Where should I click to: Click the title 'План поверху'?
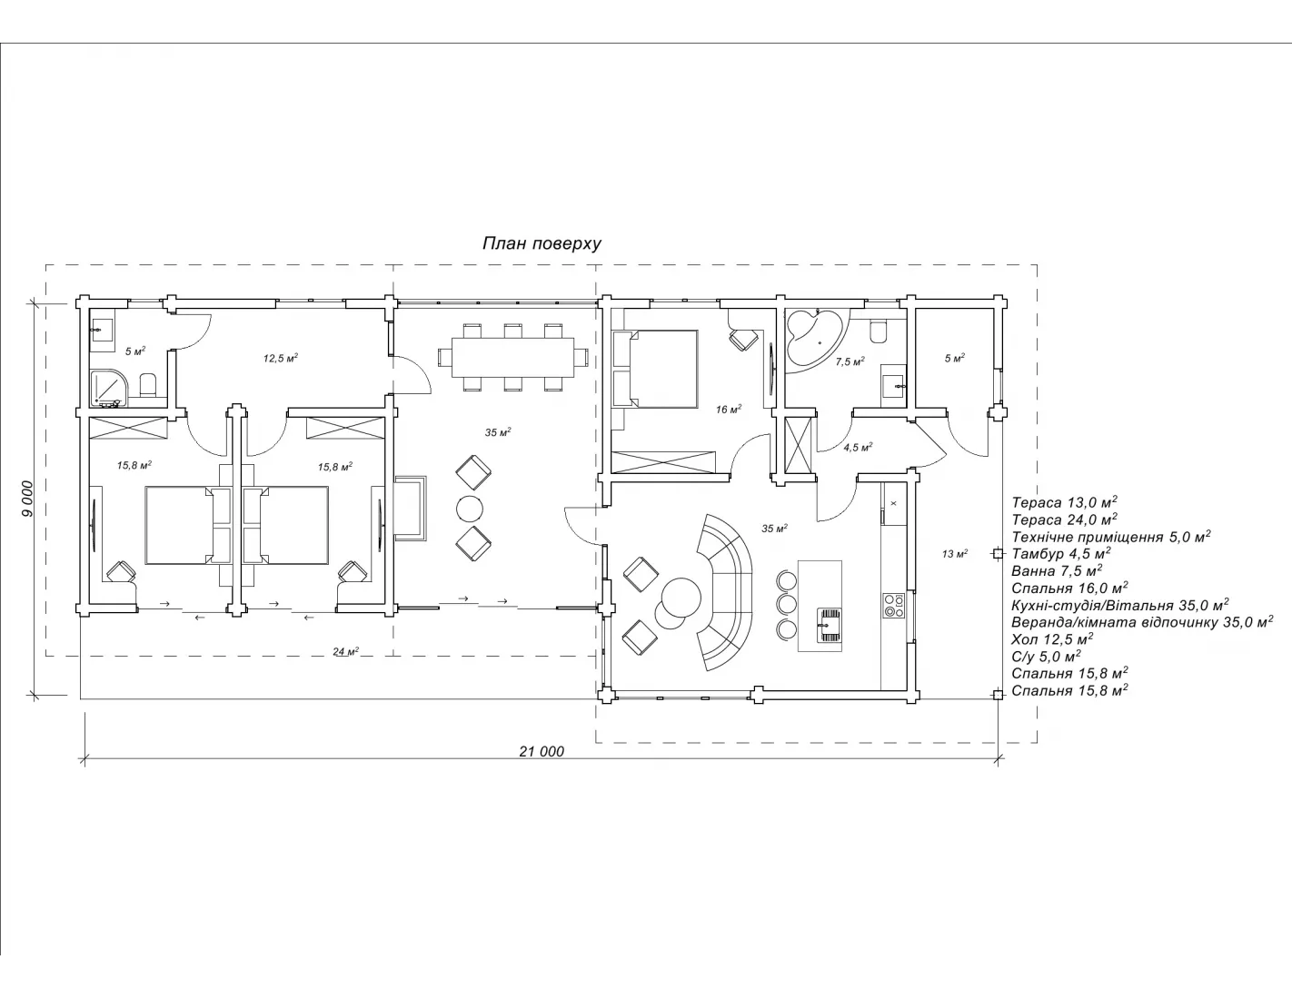click(542, 243)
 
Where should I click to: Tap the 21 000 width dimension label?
click(542, 751)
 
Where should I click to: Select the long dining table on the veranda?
click(512, 357)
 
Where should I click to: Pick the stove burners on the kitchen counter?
click(894, 605)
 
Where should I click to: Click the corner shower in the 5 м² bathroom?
click(109, 390)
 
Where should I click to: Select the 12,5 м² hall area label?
click(281, 359)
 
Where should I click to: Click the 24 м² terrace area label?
click(345, 651)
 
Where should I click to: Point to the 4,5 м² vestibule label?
click(858, 447)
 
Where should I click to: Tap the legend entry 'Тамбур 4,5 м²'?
click(1061, 553)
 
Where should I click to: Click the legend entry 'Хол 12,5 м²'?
click(1052, 638)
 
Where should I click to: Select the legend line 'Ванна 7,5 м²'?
click(1058, 570)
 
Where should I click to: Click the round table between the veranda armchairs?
click(470, 509)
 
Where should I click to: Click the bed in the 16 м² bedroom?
click(655, 369)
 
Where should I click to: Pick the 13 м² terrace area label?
click(955, 553)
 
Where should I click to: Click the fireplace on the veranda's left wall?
click(411, 508)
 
